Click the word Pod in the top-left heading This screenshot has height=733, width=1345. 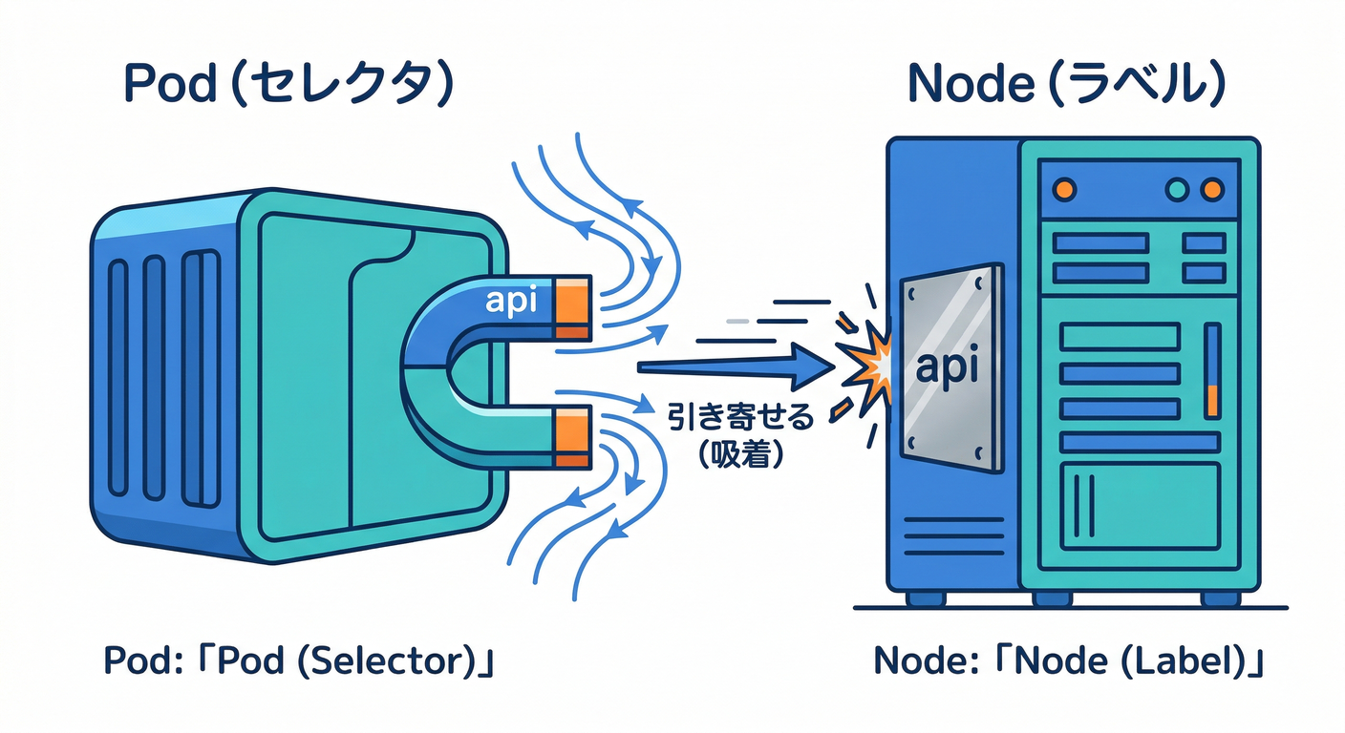pyautogui.click(x=169, y=86)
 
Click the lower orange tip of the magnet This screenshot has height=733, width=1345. pyautogui.click(x=572, y=435)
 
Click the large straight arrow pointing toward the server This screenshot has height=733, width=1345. pyautogui.click(x=726, y=366)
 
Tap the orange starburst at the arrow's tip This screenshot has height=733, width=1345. pyautogui.click(x=862, y=367)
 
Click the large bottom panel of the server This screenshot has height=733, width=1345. pyautogui.click(x=1140, y=505)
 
